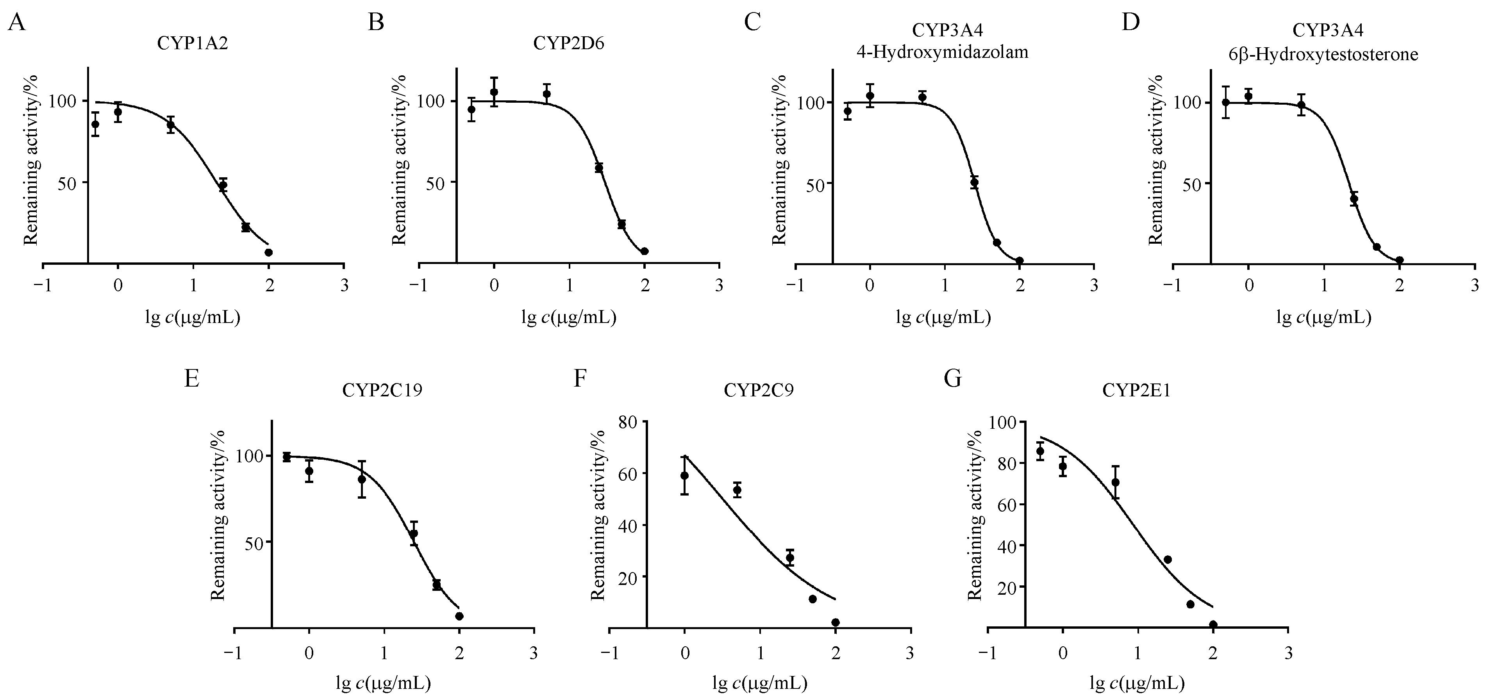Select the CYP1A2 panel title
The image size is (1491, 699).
(x=193, y=44)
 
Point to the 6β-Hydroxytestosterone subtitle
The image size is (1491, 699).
(x=1323, y=55)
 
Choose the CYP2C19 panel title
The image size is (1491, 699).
(x=382, y=391)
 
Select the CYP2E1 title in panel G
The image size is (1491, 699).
(x=1136, y=391)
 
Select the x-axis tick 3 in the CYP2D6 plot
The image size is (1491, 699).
(x=719, y=285)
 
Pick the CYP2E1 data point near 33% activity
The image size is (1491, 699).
(x=1168, y=560)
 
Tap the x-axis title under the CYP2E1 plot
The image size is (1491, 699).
(x=1137, y=684)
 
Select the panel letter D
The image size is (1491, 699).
(x=1130, y=23)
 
